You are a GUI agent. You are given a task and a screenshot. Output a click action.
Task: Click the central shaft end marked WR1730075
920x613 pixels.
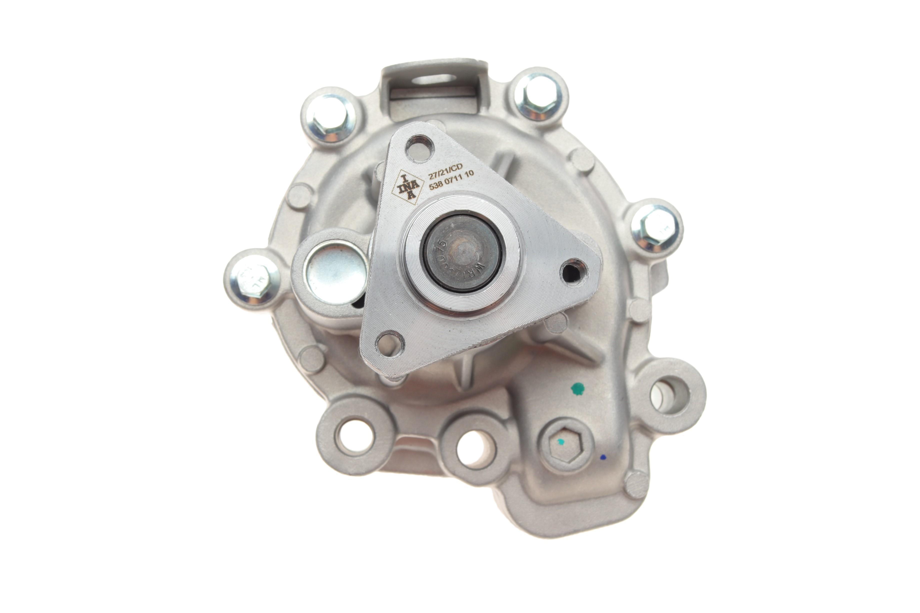(463, 252)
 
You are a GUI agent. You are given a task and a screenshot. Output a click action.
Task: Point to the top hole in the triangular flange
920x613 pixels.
(420, 148)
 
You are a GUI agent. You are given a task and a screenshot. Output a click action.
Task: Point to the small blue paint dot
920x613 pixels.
(602, 456)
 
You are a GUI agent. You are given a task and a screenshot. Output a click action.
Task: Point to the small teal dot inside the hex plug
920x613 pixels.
(560, 442)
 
